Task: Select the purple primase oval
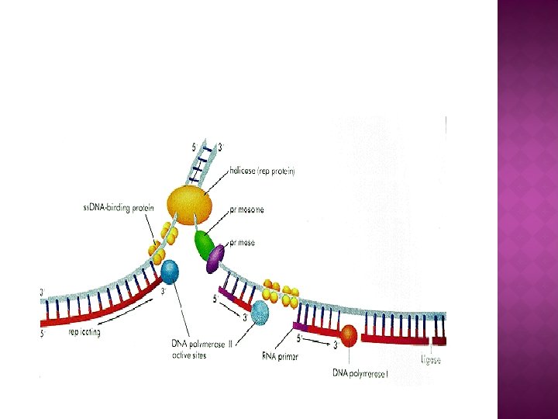pos(215,258)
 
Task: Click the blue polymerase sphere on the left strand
pos(169,272)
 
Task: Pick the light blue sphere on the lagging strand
pos(260,311)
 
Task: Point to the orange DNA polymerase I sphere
pos(350,335)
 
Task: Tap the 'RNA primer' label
pos(281,357)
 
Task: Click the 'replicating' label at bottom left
pos(84,332)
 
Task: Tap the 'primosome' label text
pos(248,209)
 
